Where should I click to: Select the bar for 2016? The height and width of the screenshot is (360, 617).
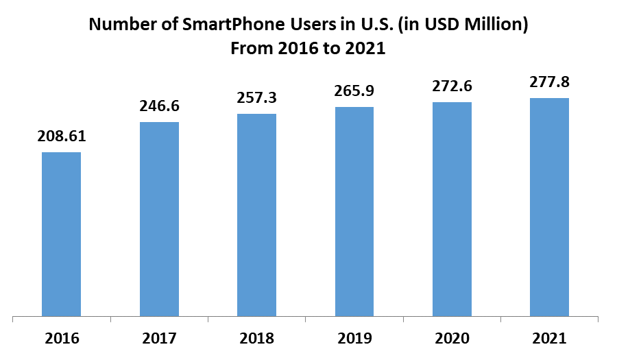(61, 234)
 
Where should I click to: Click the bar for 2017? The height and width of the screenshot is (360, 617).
(159, 219)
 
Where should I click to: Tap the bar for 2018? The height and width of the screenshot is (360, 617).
(256, 215)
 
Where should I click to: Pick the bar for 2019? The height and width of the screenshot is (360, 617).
(354, 212)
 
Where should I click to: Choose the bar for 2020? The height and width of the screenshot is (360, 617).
(452, 209)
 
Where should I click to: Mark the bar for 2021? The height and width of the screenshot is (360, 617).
(549, 207)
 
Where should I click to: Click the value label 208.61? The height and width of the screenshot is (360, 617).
(62, 136)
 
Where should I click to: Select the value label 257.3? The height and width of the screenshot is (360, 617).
(256, 97)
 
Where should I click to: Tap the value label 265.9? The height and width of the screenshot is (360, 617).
(354, 91)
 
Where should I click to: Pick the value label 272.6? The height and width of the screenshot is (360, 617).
(452, 86)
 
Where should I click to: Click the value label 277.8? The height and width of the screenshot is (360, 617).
(549, 82)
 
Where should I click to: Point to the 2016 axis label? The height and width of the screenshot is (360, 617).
(61, 338)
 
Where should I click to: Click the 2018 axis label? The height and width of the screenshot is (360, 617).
(256, 338)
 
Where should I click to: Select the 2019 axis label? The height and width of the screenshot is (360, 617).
(354, 338)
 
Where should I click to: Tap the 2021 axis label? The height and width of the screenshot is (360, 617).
(549, 338)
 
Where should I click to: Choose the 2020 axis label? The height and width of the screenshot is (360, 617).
(452, 338)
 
